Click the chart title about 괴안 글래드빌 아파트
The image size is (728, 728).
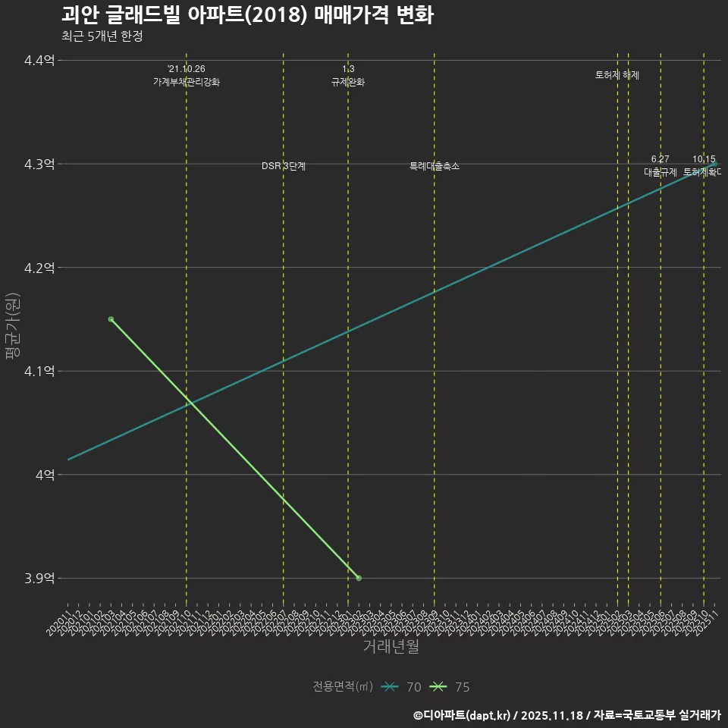click(x=247, y=15)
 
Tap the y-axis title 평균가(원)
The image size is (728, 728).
click(x=12, y=319)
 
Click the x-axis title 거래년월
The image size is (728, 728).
click(x=391, y=647)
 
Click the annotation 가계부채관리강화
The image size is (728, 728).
click(x=187, y=82)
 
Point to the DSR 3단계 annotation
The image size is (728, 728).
click(x=284, y=166)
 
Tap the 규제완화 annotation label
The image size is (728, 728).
click(x=348, y=82)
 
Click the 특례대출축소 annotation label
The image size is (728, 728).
click(x=435, y=166)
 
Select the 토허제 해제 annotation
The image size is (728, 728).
click(x=617, y=75)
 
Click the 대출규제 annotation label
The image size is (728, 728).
click(x=661, y=172)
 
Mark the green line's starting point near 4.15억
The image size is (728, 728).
click(x=111, y=319)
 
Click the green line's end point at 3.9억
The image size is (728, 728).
click(x=359, y=578)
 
